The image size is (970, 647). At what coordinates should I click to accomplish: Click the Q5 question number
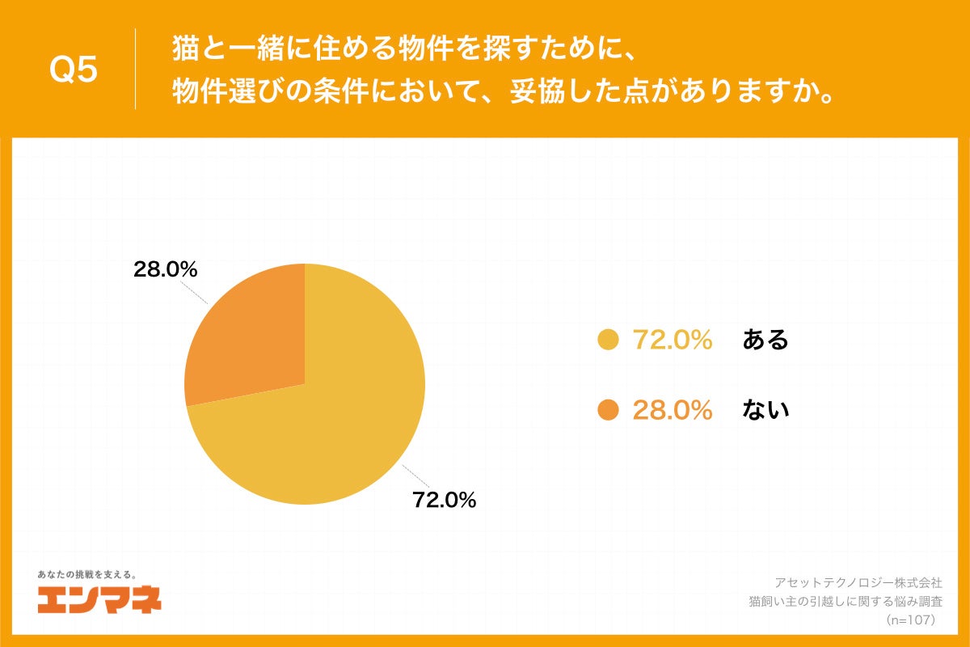(x=74, y=70)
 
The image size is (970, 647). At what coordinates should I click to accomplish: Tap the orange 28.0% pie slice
(x=251, y=340)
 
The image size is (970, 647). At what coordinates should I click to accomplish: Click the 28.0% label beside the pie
(x=166, y=270)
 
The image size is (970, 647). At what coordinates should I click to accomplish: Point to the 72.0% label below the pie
(x=444, y=500)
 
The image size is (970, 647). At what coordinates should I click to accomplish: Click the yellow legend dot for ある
(x=608, y=340)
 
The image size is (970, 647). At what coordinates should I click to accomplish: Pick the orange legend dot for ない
(x=608, y=411)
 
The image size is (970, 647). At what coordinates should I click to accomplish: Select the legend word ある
(x=765, y=340)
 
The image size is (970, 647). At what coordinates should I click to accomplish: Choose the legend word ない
(x=765, y=411)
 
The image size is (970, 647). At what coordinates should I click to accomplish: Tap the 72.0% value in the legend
(x=672, y=340)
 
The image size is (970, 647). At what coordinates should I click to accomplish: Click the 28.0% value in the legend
(x=672, y=411)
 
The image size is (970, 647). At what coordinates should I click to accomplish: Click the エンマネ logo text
(x=99, y=599)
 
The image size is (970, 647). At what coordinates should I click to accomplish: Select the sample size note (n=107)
(x=910, y=620)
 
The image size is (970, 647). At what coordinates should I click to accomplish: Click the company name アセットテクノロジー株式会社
(x=858, y=582)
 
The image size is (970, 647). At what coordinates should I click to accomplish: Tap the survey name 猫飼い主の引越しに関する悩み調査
(x=846, y=601)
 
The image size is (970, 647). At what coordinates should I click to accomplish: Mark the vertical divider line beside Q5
(x=135, y=70)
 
